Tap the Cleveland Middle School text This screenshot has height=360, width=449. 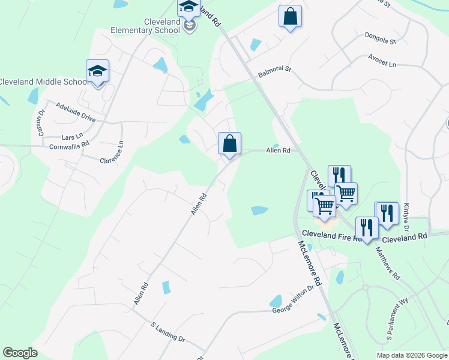43,82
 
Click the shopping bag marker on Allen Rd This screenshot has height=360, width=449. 229,145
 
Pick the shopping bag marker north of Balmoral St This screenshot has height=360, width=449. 290,17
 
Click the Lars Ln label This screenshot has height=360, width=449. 71,137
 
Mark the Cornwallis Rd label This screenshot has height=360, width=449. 69,145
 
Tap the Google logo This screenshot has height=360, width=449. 20,353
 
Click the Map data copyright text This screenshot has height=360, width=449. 411,355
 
